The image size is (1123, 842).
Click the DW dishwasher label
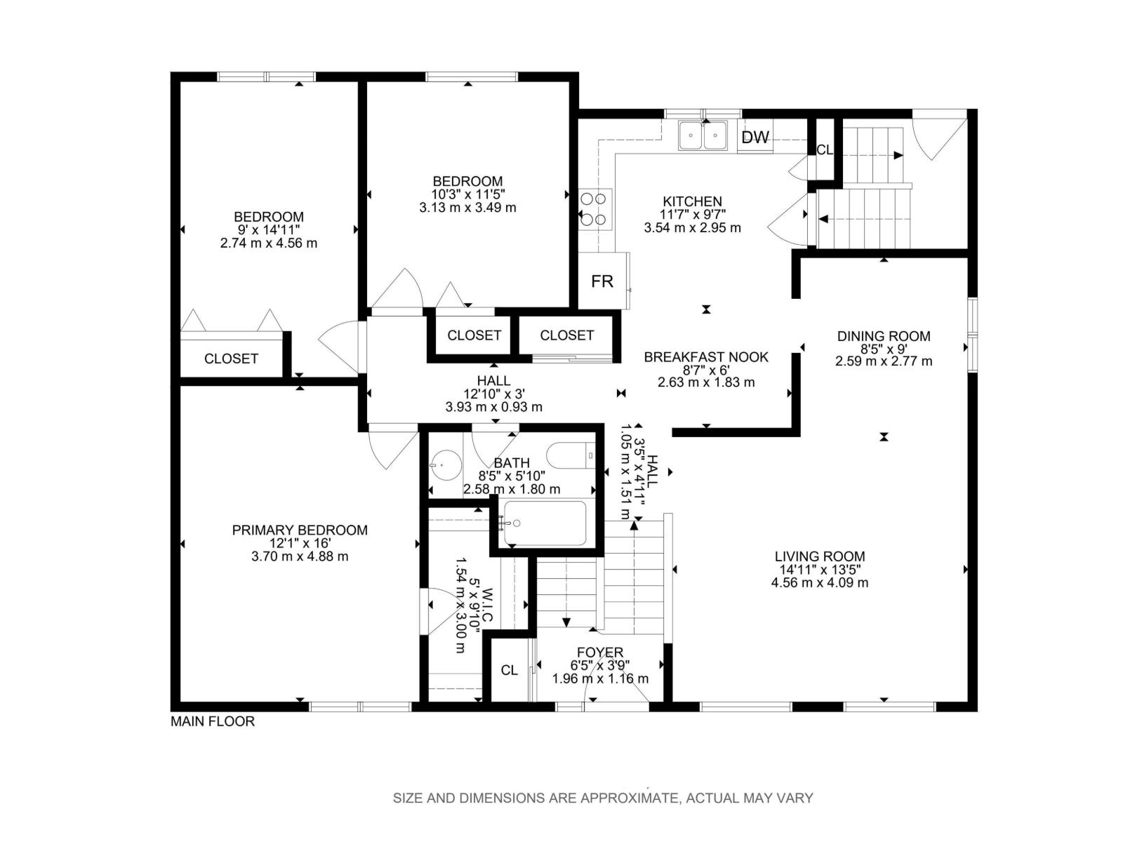[755, 137]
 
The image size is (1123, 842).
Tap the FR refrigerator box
[603, 281]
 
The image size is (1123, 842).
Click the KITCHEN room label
[692, 201]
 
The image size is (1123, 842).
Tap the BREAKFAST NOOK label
[705, 357]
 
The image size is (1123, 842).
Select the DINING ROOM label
[884, 336]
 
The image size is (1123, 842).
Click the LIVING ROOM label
[820, 556]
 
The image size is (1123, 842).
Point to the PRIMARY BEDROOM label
[299, 530]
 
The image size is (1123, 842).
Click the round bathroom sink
[446, 465]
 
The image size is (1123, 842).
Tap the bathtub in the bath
[545, 523]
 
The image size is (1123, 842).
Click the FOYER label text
[600, 653]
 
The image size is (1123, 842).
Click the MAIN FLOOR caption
[213, 721]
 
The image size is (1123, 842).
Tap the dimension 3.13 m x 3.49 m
[467, 208]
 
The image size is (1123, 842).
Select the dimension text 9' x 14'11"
[269, 229]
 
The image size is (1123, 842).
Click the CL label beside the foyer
[509, 670]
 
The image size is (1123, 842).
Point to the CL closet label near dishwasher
[824, 149]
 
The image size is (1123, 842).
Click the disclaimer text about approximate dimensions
[603, 798]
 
